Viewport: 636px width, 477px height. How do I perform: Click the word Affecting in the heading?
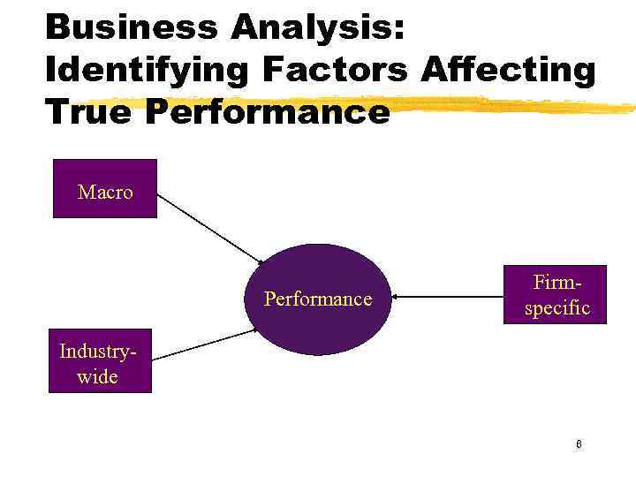coord(510,69)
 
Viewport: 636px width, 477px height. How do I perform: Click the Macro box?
coord(105,188)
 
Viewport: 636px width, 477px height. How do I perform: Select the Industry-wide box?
coord(99,362)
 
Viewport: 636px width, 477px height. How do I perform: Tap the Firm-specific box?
coord(556,294)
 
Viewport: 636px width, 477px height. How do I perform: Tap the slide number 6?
coord(579,443)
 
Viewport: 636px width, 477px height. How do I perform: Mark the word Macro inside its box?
coord(105,192)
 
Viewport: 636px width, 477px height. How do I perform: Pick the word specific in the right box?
coord(556,309)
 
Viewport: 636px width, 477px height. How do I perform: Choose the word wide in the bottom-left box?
coord(98,376)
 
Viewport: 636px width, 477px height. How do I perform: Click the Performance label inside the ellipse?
coord(318,299)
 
